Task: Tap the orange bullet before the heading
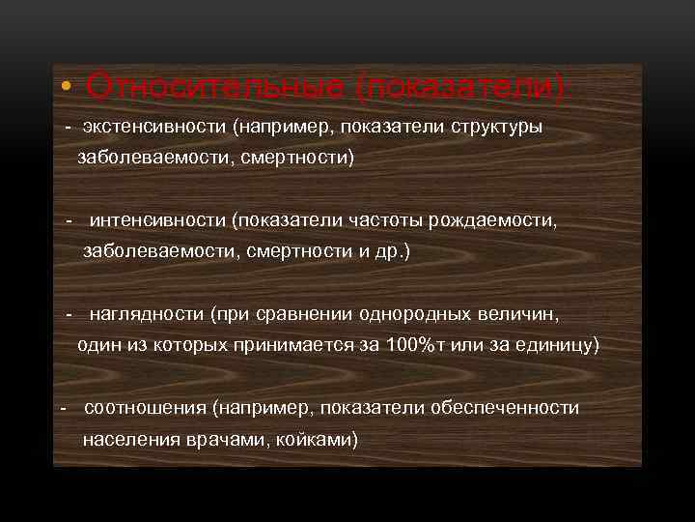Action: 64,89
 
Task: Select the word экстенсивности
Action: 144,128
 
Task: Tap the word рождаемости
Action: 491,220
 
